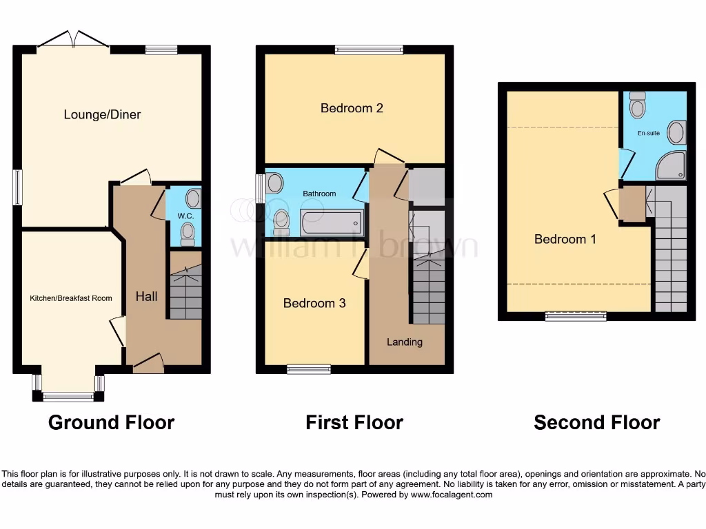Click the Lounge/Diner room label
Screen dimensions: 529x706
coord(102,114)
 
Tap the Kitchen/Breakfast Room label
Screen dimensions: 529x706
coord(70,298)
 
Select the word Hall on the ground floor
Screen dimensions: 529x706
coord(146,296)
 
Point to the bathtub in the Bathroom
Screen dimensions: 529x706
coord(332,223)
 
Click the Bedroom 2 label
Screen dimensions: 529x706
coord(352,108)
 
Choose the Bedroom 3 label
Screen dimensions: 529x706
coord(314,303)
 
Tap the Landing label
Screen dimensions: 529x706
coord(405,342)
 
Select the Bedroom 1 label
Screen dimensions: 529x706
coord(565,239)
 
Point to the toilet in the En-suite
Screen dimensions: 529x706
coord(638,105)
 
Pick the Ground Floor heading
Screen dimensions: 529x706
coord(111,422)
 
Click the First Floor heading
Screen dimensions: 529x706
coord(354,422)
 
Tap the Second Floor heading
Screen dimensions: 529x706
coord(596,422)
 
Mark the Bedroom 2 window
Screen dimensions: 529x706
coord(369,50)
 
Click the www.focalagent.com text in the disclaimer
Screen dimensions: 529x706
coord(452,495)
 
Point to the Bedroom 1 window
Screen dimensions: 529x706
coord(576,316)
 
